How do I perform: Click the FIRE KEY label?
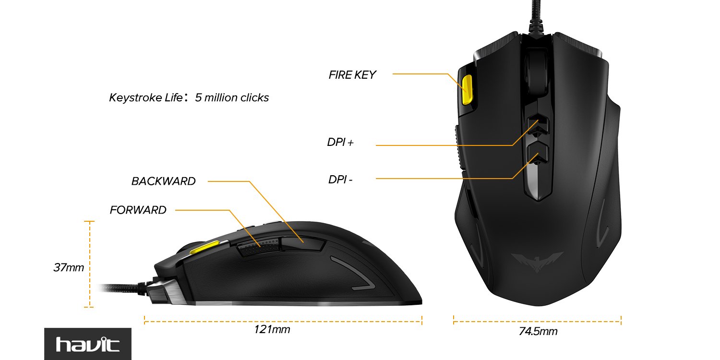(x=352, y=75)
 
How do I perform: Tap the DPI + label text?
(x=340, y=143)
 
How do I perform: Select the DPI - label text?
(x=340, y=180)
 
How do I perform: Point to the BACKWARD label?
(x=163, y=181)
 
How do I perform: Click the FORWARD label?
(x=138, y=210)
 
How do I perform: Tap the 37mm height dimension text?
(x=68, y=267)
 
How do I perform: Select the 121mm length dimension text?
(x=272, y=330)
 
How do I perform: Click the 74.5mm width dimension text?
(x=538, y=331)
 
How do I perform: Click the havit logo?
(x=87, y=344)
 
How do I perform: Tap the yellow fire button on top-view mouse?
(x=467, y=89)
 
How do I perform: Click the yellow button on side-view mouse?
(x=202, y=248)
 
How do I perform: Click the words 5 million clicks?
(x=231, y=98)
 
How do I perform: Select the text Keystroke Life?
(x=145, y=98)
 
